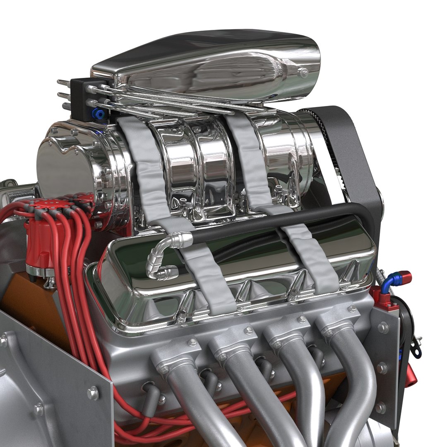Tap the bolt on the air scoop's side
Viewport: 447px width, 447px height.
click(303, 73)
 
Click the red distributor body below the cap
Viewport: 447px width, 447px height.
click(39, 248)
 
